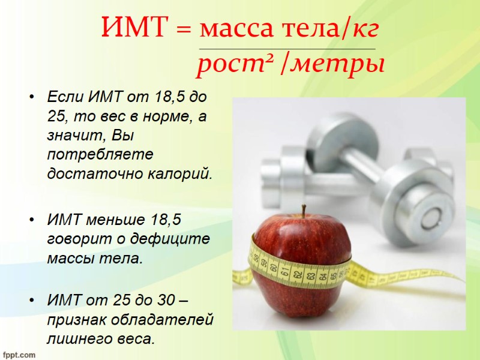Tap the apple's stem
click(304, 211)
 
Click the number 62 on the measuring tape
click(296, 275)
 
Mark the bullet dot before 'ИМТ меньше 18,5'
click(31, 220)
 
